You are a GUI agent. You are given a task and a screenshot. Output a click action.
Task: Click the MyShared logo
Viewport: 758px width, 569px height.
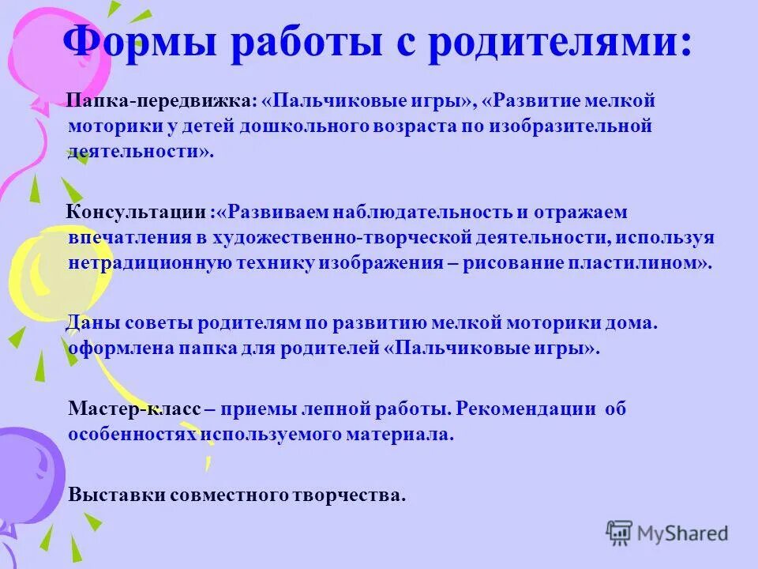tap(667, 533)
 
